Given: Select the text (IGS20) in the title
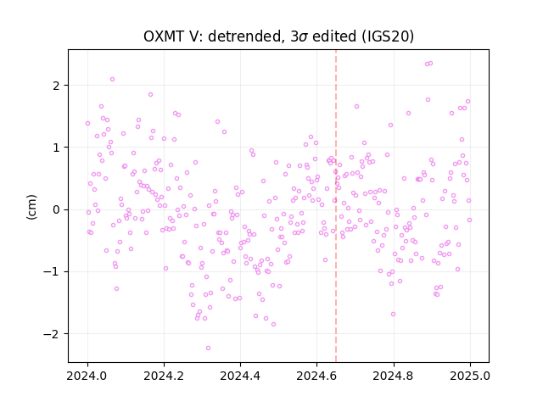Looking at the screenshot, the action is [x=388, y=36].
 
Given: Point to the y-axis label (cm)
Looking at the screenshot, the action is [x=31, y=207].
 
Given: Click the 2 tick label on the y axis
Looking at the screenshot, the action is [x=57, y=86].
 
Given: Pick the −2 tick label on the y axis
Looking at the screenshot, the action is [x=52, y=334].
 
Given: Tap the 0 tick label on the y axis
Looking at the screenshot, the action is [x=57, y=209].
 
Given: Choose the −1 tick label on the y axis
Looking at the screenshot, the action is [x=52, y=272].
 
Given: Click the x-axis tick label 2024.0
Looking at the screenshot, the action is [x=87, y=376].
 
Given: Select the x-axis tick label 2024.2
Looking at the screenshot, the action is [x=164, y=376].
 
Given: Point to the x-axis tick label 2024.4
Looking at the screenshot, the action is [x=240, y=376].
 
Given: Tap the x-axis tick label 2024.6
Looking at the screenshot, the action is [x=316, y=376].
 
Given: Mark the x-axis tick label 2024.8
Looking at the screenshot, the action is [x=394, y=376].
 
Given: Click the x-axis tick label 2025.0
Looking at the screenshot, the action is [x=470, y=376].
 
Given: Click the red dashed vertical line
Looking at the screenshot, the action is [x=336, y=206].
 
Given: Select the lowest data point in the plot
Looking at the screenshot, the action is [x=208, y=348].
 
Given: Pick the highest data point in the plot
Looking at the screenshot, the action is [x=430, y=64].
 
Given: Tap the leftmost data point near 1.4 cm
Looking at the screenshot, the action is [x=87, y=124].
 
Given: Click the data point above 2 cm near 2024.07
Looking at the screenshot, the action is [x=112, y=79].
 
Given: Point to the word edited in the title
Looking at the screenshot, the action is [x=334, y=36].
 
